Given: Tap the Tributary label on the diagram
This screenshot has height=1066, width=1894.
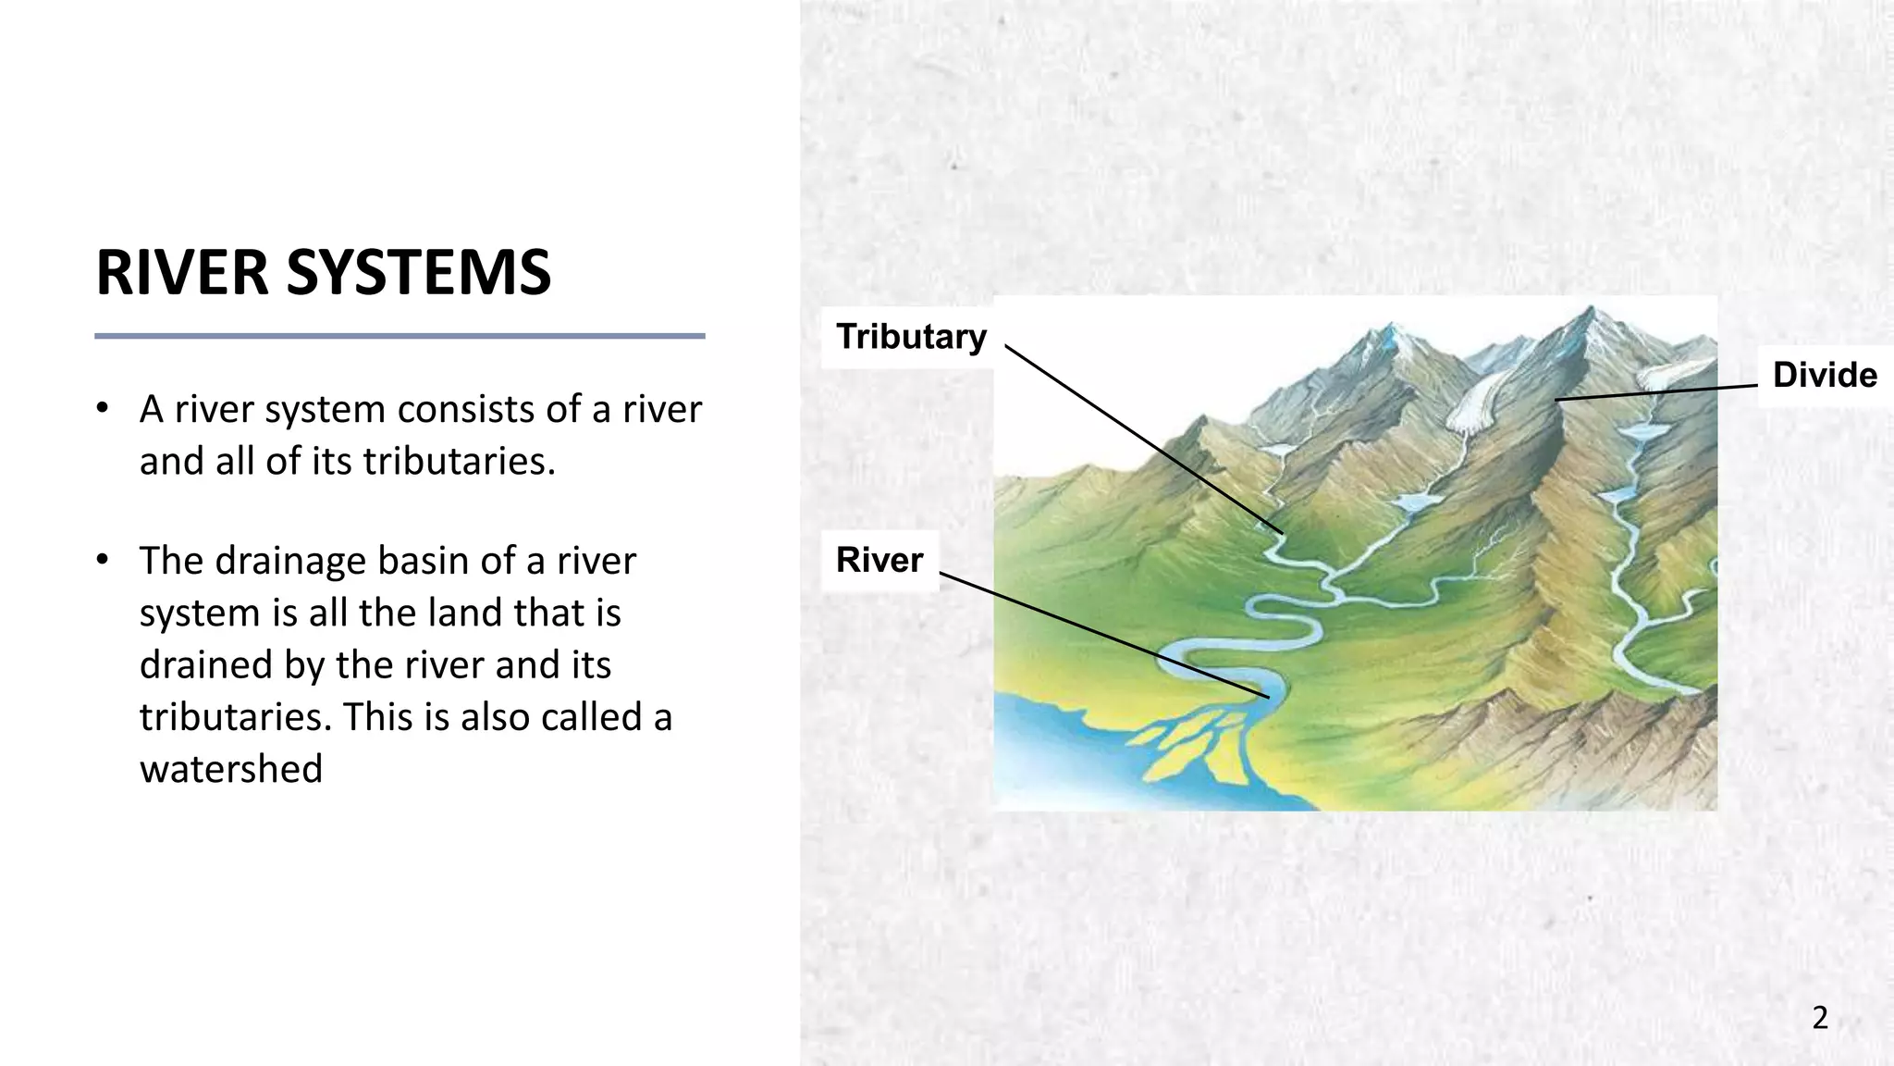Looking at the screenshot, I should (911, 337).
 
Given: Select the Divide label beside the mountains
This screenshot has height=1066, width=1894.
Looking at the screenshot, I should (1824, 376).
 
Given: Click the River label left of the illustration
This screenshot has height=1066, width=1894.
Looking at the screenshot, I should (879, 561).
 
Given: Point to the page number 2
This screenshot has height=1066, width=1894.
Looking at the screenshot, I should (1819, 1018).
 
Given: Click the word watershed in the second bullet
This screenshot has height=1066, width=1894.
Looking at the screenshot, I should (231, 769).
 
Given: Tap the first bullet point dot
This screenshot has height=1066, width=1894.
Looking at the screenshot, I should (104, 408).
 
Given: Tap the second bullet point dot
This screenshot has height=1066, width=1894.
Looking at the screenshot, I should (104, 560).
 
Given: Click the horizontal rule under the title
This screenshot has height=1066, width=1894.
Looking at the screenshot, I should (400, 336).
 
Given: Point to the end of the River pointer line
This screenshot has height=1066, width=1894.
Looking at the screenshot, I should (1268, 696).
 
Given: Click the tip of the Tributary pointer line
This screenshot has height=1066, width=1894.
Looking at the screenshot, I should (1283, 534).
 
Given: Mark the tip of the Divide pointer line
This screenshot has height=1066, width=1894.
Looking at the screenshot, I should (1557, 400).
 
